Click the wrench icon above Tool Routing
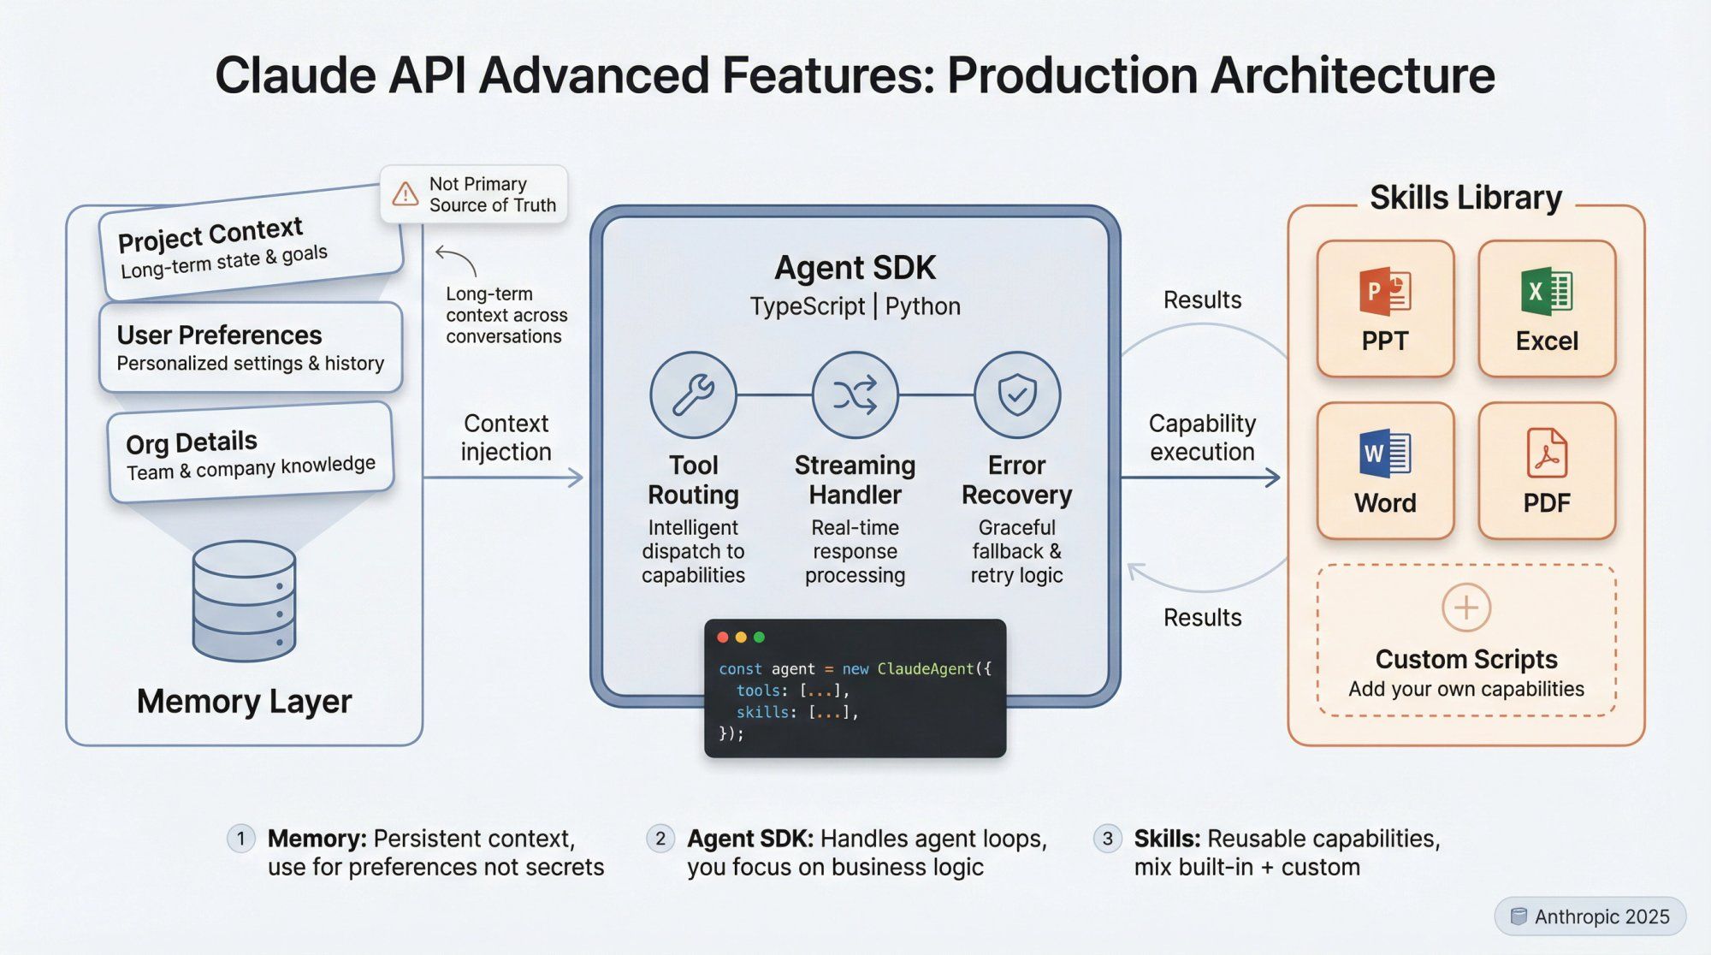click(x=693, y=394)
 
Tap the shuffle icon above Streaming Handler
click(x=855, y=394)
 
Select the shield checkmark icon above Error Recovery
click(x=1016, y=394)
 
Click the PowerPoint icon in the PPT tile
click(x=1384, y=292)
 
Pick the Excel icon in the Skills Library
click(x=1546, y=292)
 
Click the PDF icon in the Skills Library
click(x=1546, y=454)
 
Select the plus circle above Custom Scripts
click(x=1465, y=608)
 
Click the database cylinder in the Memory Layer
click(x=244, y=601)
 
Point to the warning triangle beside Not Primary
click(x=405, y=194)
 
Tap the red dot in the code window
click(x=722, y=638)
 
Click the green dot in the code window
click(x=759, y=638)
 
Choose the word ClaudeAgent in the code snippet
click(x=925, y=669)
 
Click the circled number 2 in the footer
click(x=660, y=839)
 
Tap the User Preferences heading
click(x=219, y=335)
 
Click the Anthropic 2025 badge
click(x=1590, y=916)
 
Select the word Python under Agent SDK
click(x=922, y=306)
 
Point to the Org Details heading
click(x=192, y=442)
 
